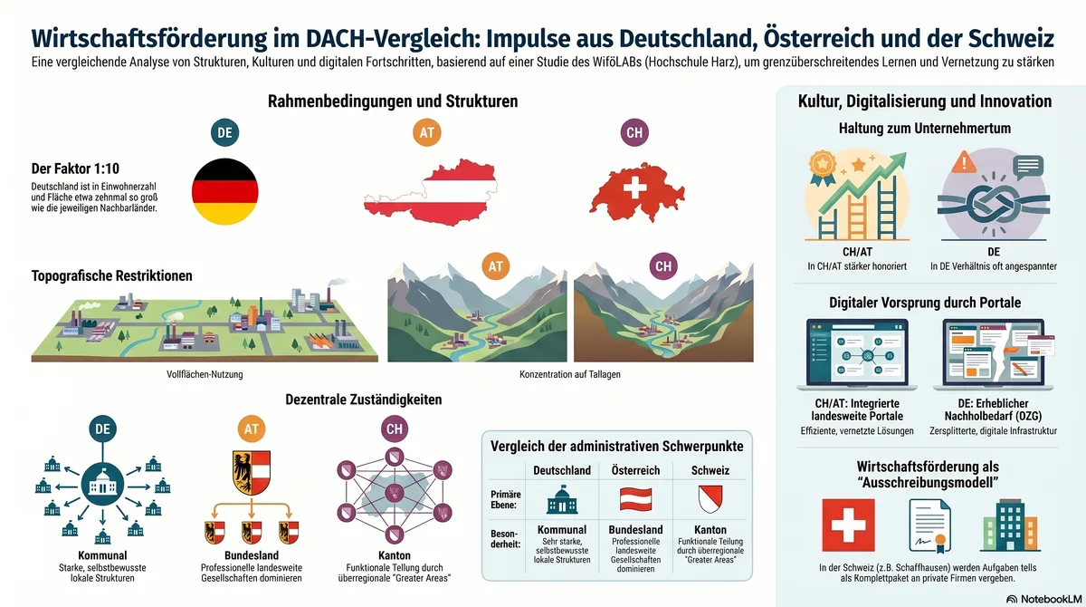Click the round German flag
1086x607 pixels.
click(225, 191)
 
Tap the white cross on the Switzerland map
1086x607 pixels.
click(634, 187)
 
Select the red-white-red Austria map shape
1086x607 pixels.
click(431, 192)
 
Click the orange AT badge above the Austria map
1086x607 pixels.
click(426, 132)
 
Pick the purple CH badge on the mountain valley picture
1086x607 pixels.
click(663, 265)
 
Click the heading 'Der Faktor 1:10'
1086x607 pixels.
click(75, 169)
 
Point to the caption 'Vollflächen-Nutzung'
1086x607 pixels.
click(205, 374)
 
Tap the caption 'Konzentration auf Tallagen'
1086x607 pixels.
click(569, 374)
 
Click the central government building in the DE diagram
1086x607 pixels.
click(102, 485)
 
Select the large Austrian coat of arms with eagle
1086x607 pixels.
click(252, 472)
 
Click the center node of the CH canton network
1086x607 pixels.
click(395, 494)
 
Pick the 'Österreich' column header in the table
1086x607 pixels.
click(635, 470)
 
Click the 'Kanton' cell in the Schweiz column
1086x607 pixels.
click(710, 529)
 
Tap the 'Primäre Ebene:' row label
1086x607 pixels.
click(505, 499)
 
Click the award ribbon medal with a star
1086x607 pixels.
click(823, 168)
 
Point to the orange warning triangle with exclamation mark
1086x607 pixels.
click(964, 161)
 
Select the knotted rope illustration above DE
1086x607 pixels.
click(994, 204)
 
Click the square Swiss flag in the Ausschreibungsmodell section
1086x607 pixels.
click(849, 525)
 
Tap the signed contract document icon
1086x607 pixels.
click(929, 526)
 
